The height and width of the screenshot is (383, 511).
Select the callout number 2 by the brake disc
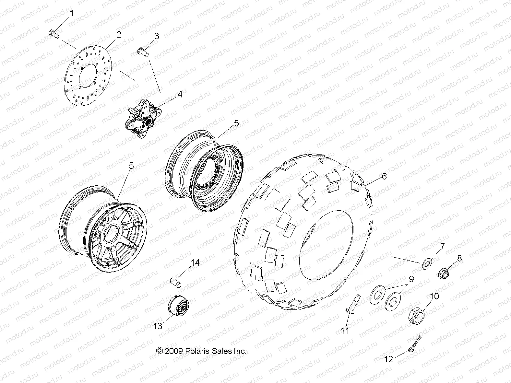(x=119, y=35)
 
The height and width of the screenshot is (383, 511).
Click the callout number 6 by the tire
(x=384, y=177)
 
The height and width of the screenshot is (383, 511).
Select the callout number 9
(x=411, y=279)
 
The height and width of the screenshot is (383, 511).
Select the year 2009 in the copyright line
(x=174, y=351)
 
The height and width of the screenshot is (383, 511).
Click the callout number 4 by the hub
(x=179, y=94)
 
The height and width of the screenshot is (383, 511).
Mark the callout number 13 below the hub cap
(x=158, y=326)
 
